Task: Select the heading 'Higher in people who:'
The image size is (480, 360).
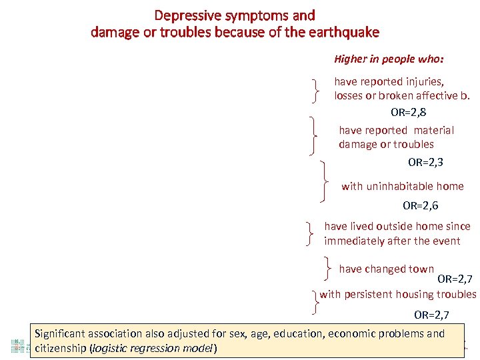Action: pos(389,59)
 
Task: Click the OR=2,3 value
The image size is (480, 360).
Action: pos(425,161)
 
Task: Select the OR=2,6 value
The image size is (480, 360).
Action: pos(420,206)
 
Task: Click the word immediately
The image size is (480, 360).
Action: pos(354,241)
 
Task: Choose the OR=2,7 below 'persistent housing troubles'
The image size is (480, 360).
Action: pos(431,315)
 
